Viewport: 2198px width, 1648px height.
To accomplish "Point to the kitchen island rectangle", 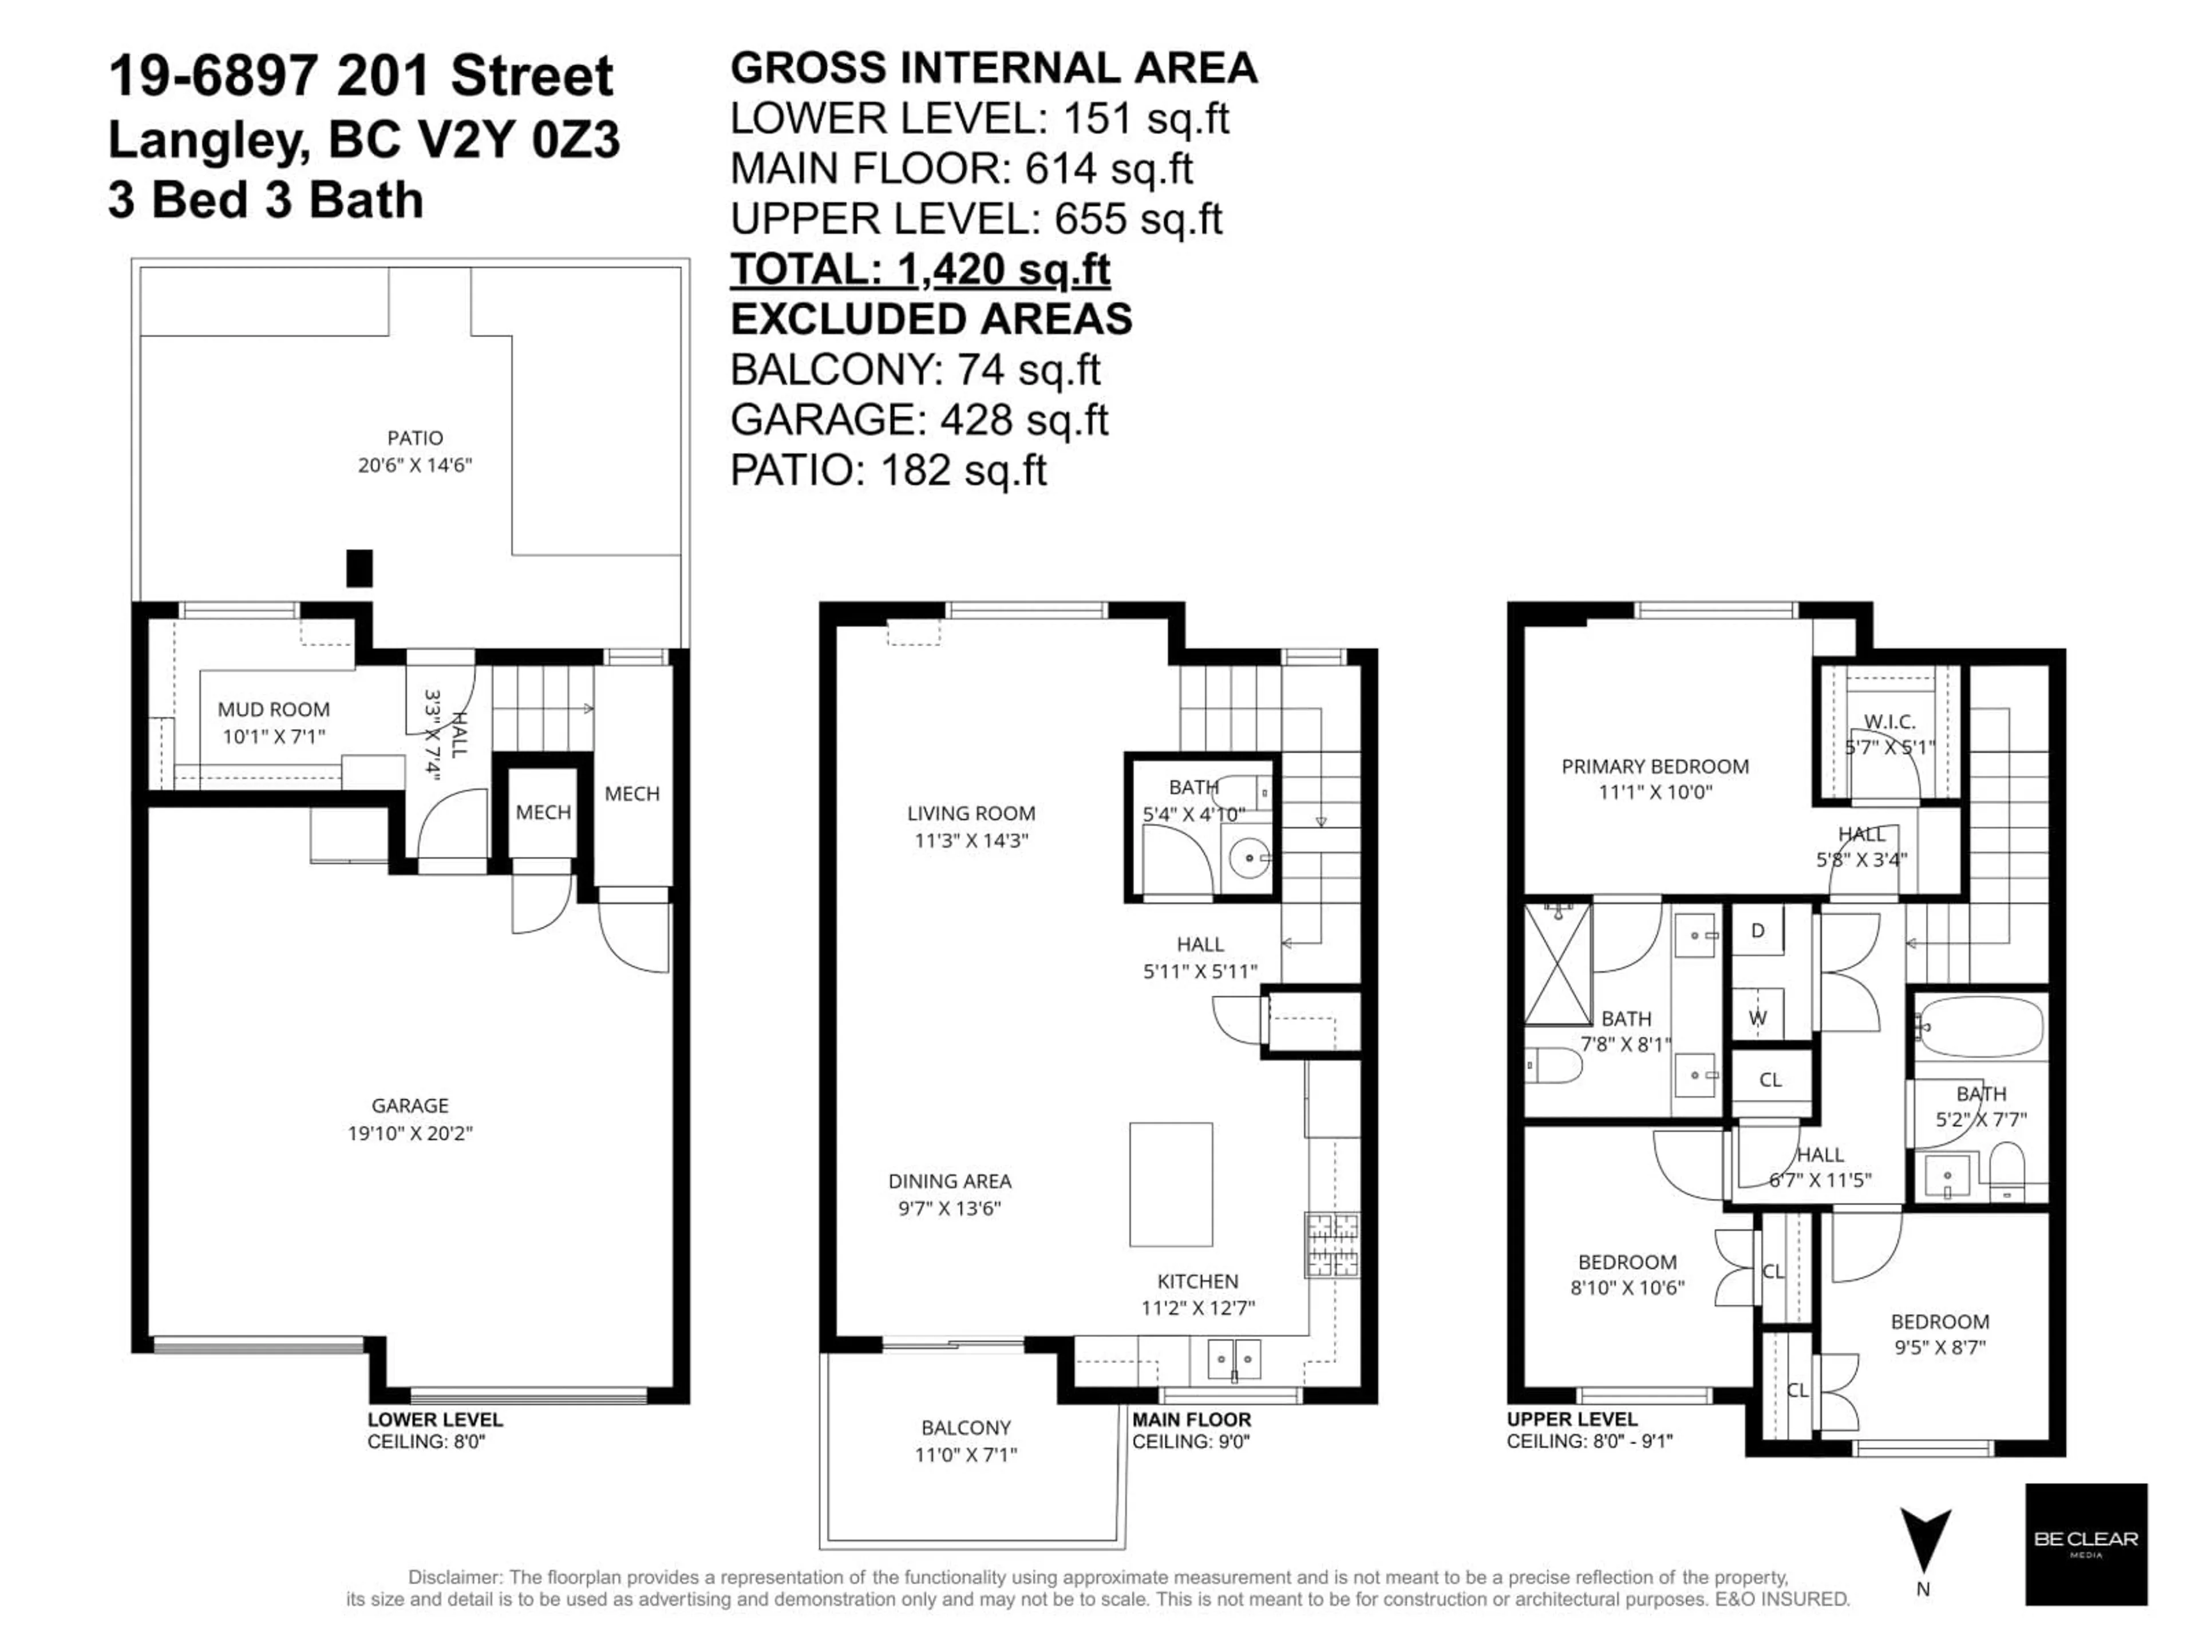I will [x=1171, y=1184].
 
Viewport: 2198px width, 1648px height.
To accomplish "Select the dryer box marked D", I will [x=1758, y=931].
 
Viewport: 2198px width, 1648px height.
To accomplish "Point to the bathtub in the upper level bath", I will [x=1980, y=1027].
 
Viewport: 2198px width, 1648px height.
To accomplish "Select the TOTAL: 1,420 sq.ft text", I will [x=920, y=268].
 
